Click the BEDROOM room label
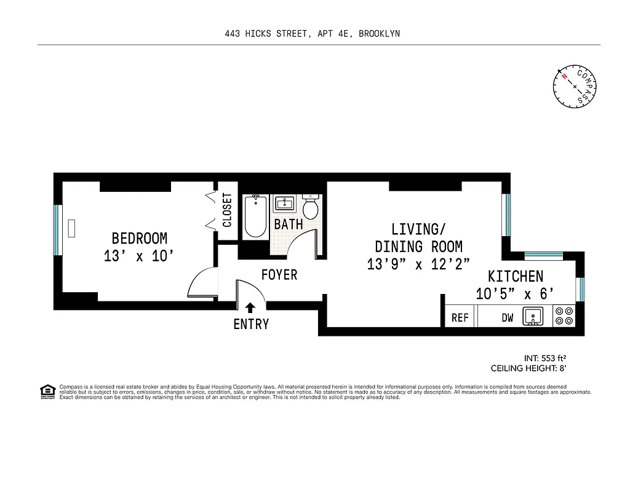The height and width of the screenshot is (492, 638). [x=139, y=238]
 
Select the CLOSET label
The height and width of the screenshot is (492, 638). [x=227, y=210]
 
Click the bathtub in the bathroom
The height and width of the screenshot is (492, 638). [x=255, y=216]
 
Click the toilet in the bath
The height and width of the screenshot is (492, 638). [x=310, y=208]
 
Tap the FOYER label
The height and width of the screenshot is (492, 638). [x=279, y=275]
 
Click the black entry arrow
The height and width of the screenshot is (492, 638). [x=250, y=307]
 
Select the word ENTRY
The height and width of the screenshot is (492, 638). [x=250, y=324]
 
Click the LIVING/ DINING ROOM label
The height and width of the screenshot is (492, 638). [x=418, y=238]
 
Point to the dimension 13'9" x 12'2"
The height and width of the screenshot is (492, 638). [x=418, y=264]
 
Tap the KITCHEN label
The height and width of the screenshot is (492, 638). [x=516, y=276]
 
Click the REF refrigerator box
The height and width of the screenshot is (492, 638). [x=460, y=317]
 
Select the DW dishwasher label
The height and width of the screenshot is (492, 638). [x=507, y=317]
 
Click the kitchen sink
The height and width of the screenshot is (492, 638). [x=532, y=317]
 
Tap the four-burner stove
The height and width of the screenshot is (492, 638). [x=564, y=316]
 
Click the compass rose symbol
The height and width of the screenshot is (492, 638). [x=574, y=86]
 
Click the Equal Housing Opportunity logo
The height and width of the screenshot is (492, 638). [x=47, y=392]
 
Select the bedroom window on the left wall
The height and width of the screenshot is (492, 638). [x=57, y=230]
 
